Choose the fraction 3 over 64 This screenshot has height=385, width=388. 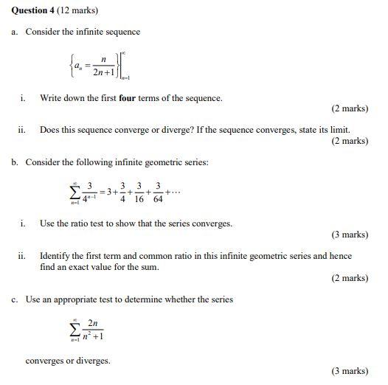(158, 194)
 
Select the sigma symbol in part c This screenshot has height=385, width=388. (75, 329)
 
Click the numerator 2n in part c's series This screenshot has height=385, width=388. (92, 323)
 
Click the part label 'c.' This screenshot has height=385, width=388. (15, 299)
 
